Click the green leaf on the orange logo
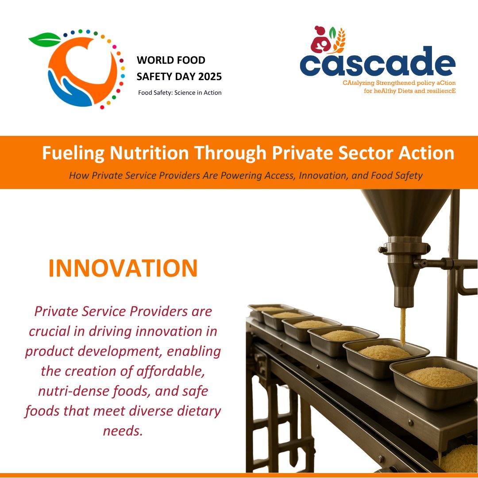[44, 39]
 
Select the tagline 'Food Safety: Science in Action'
[180, 93]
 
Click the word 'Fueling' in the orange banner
[73, 154]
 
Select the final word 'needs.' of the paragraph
[123, 431]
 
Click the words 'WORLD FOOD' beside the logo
[171, 60]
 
